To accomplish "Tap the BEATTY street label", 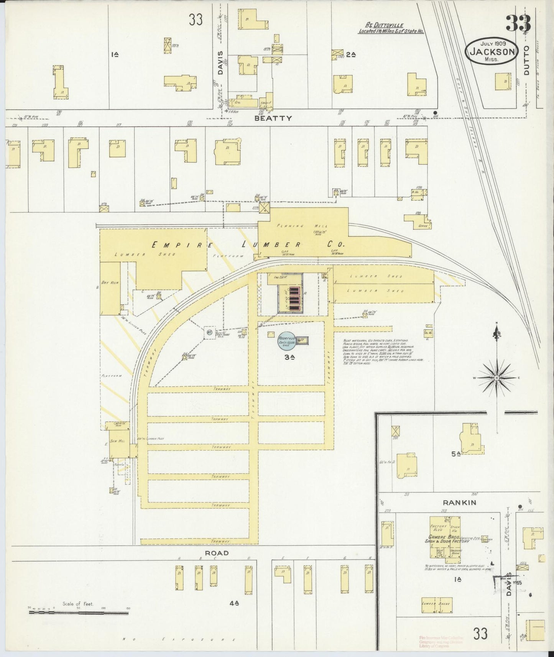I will click(273, 118).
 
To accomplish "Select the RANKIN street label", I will click(457, 503).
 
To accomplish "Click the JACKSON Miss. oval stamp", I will click(492, 51).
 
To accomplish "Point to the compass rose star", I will click(497, 378).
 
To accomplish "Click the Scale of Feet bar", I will click(79, 613).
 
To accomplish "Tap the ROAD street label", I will click(217, 553).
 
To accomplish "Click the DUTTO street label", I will click(526, 60).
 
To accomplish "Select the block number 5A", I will click(455, 453).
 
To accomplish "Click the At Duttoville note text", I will click(391, 29).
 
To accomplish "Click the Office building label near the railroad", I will click(423, 226).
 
